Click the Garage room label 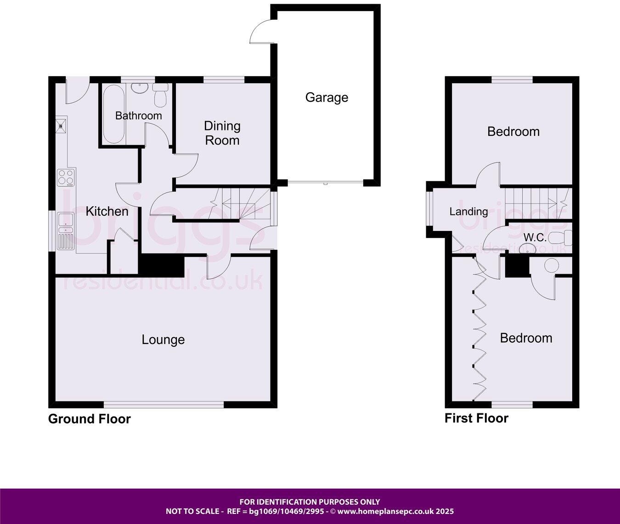(x=327, y=97)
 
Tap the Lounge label (x=163, y=340)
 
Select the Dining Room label (x=222, y=133)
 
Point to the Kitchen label (x=107, y=211)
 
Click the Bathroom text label (x=138, y=116)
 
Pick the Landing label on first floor (x=468, y=212)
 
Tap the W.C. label (x=535, y=237)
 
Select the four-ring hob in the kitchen (x=66, y=177)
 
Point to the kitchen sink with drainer (x=66, y=231)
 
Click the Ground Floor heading (x=89, y=419)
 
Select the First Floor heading (x=476, y=418)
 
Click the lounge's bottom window (x=163, y=405)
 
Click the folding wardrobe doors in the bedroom (x=478, y=335)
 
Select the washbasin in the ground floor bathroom (x=137, y=88)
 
